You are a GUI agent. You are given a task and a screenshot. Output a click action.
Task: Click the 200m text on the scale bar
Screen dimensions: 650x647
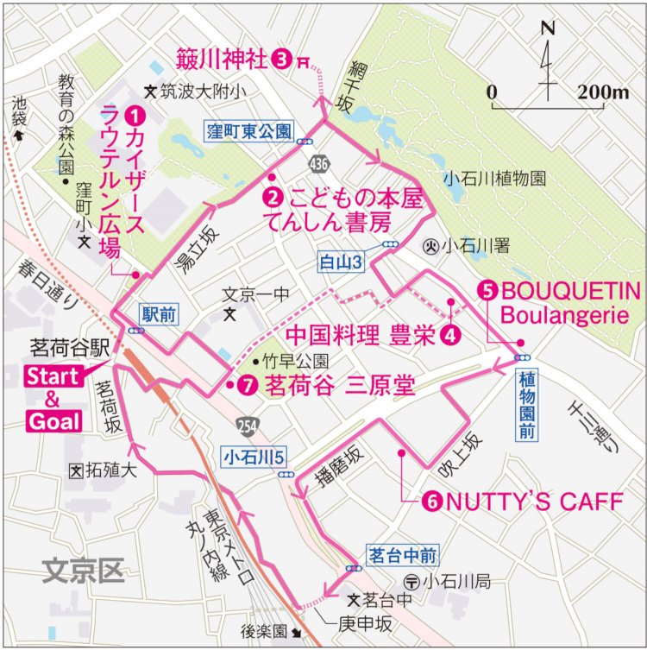605,92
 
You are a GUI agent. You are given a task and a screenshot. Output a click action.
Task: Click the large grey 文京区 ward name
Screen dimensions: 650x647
84,569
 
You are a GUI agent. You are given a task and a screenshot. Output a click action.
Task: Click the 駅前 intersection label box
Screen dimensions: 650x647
158,315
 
